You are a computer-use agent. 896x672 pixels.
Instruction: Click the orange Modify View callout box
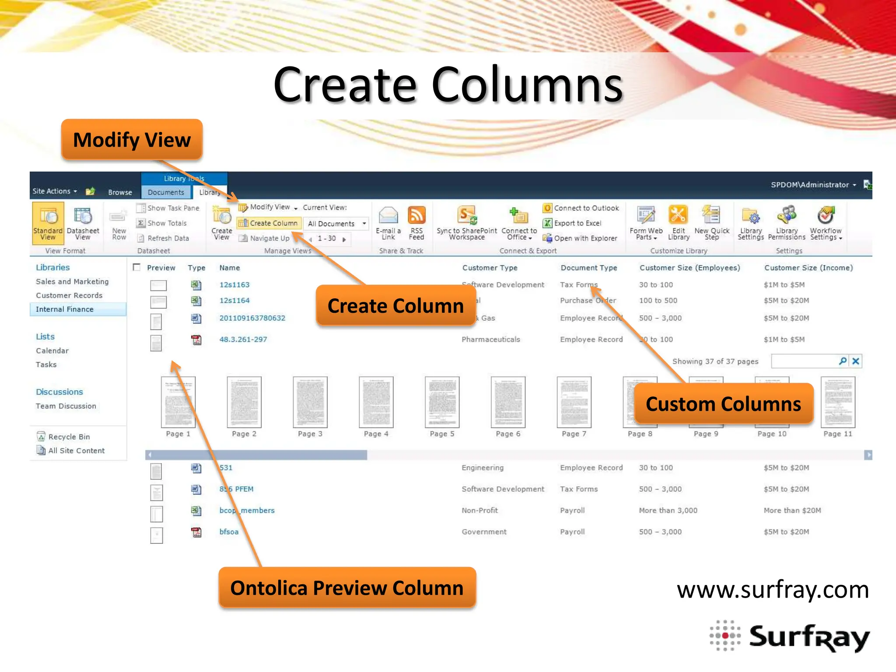132,140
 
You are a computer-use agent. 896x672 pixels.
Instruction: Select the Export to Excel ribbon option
577,223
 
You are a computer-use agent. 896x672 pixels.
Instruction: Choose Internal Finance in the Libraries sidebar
65,309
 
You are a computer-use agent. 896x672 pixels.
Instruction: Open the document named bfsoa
229,532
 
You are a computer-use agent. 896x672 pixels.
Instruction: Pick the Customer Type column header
490,268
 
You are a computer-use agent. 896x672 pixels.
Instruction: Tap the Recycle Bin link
69,437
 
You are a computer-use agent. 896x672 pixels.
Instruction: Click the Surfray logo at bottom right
790,637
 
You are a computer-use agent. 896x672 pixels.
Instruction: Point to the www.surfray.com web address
772,590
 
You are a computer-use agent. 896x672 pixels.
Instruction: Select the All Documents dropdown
336,224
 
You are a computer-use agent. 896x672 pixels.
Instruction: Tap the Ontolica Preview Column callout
347,588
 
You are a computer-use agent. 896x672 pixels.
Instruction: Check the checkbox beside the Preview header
136,267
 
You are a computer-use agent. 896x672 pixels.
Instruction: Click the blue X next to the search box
856,361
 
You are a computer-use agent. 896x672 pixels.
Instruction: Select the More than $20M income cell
792,511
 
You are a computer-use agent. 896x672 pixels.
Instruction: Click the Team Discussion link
66,406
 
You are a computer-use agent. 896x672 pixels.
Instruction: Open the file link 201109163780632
252,318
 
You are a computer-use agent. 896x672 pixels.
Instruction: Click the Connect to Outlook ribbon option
586,208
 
